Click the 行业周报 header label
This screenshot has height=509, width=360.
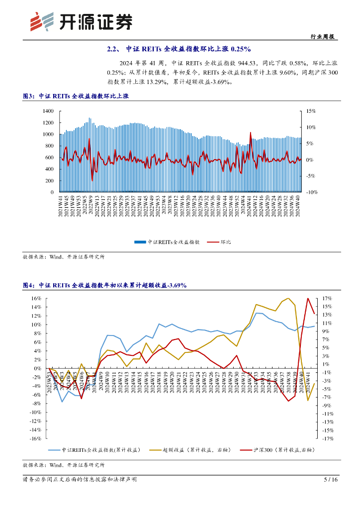322,37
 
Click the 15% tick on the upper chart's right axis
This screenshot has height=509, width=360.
310,111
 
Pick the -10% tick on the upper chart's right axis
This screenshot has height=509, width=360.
311,192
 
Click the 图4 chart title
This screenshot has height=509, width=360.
104,285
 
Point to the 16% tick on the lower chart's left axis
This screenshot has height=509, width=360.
36,298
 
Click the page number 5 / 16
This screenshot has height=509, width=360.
331,480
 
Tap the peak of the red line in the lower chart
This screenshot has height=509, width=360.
308,298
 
